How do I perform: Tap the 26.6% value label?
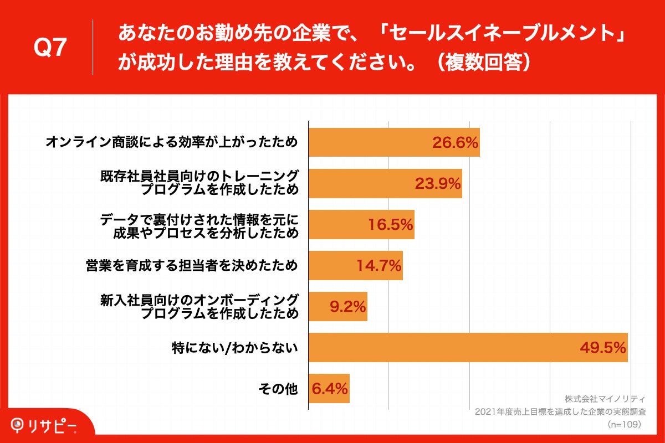[x=455, y=143]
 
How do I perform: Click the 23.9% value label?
[x=438, y=184]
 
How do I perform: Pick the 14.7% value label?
[x=378, y=266]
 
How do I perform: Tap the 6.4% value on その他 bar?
[x=330, y=389]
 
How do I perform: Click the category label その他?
[x=278, y=389]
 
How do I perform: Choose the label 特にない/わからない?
[x=235, y=348]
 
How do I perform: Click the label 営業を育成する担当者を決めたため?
[x=192, y=266]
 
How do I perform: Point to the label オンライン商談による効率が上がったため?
[x=172, y=143]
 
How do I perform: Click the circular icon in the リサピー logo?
[x=19, y=426]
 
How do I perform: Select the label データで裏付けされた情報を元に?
[x=199, y=219]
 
